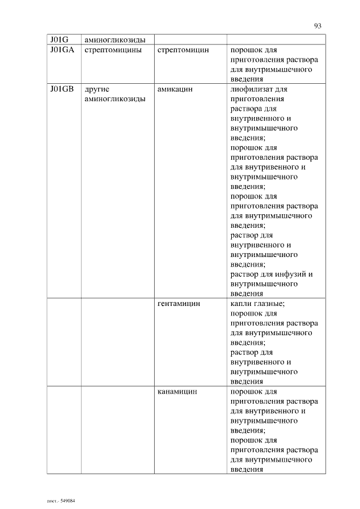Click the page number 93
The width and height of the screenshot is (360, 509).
tap(318, 25)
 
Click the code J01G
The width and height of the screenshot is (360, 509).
tap(58, 40)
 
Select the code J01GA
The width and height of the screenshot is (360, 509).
tap(62, 50)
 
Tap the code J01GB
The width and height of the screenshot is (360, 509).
tap(62, 89)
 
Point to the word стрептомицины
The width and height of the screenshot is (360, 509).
tap(116, 50)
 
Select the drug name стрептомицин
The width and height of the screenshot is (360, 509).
tap(183, 50)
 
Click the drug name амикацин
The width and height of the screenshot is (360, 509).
tap(175, 89)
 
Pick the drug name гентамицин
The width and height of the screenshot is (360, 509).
tap(179, 304)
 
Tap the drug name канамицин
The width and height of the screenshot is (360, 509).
tap(177, 391)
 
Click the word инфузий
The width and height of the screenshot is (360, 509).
tap(292, 274)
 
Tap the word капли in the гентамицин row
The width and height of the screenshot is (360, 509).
tap(241, 304)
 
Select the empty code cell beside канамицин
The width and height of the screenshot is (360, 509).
tap(64, 430)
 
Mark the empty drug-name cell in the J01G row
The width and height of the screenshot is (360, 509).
tap(190, 40)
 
